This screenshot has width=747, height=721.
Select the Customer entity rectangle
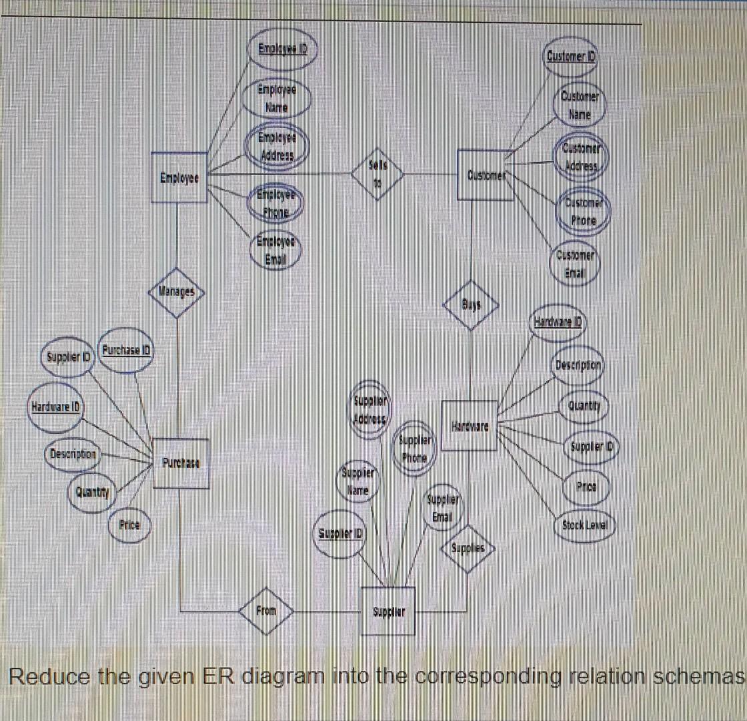click(x=485, y=175)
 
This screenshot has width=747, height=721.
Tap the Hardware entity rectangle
click(x=470, y=426)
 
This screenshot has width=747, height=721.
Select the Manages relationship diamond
click(x=177, y=291)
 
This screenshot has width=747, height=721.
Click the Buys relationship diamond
click(x=471, y=304)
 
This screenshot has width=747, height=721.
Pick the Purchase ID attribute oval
click(x=127, y=349)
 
